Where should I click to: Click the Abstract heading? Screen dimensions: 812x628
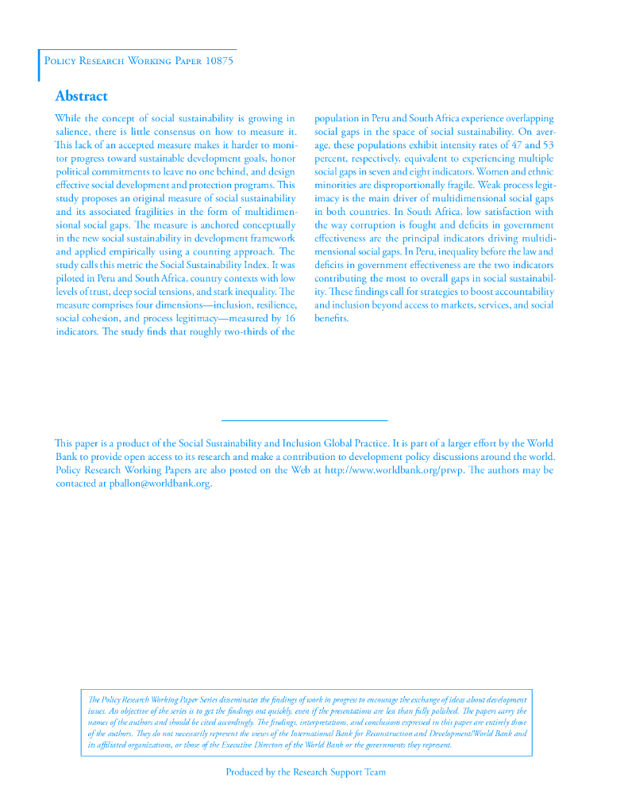pyautogui.click(x=81, y=96)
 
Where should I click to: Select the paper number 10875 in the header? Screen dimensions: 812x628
pyautogui.click(x=219, y=61)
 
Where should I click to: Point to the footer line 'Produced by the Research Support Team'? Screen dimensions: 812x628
pyautogui.click(x=306, y=772)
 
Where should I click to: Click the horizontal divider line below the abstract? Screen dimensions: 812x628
pyautogui.click(x=304, y=419)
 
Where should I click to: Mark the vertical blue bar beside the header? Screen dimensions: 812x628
pyautogui.click(x=39, y=65)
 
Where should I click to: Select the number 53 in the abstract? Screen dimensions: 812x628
pyautogui.click(x=546, y=145)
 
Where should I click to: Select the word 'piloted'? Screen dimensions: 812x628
pyautogui.click(x=71, y=278)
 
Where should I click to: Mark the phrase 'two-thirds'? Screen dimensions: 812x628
pyautogui.click(x=237, y=331)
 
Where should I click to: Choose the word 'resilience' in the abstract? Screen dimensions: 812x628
pyautogui.click(x=272, y=305)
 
